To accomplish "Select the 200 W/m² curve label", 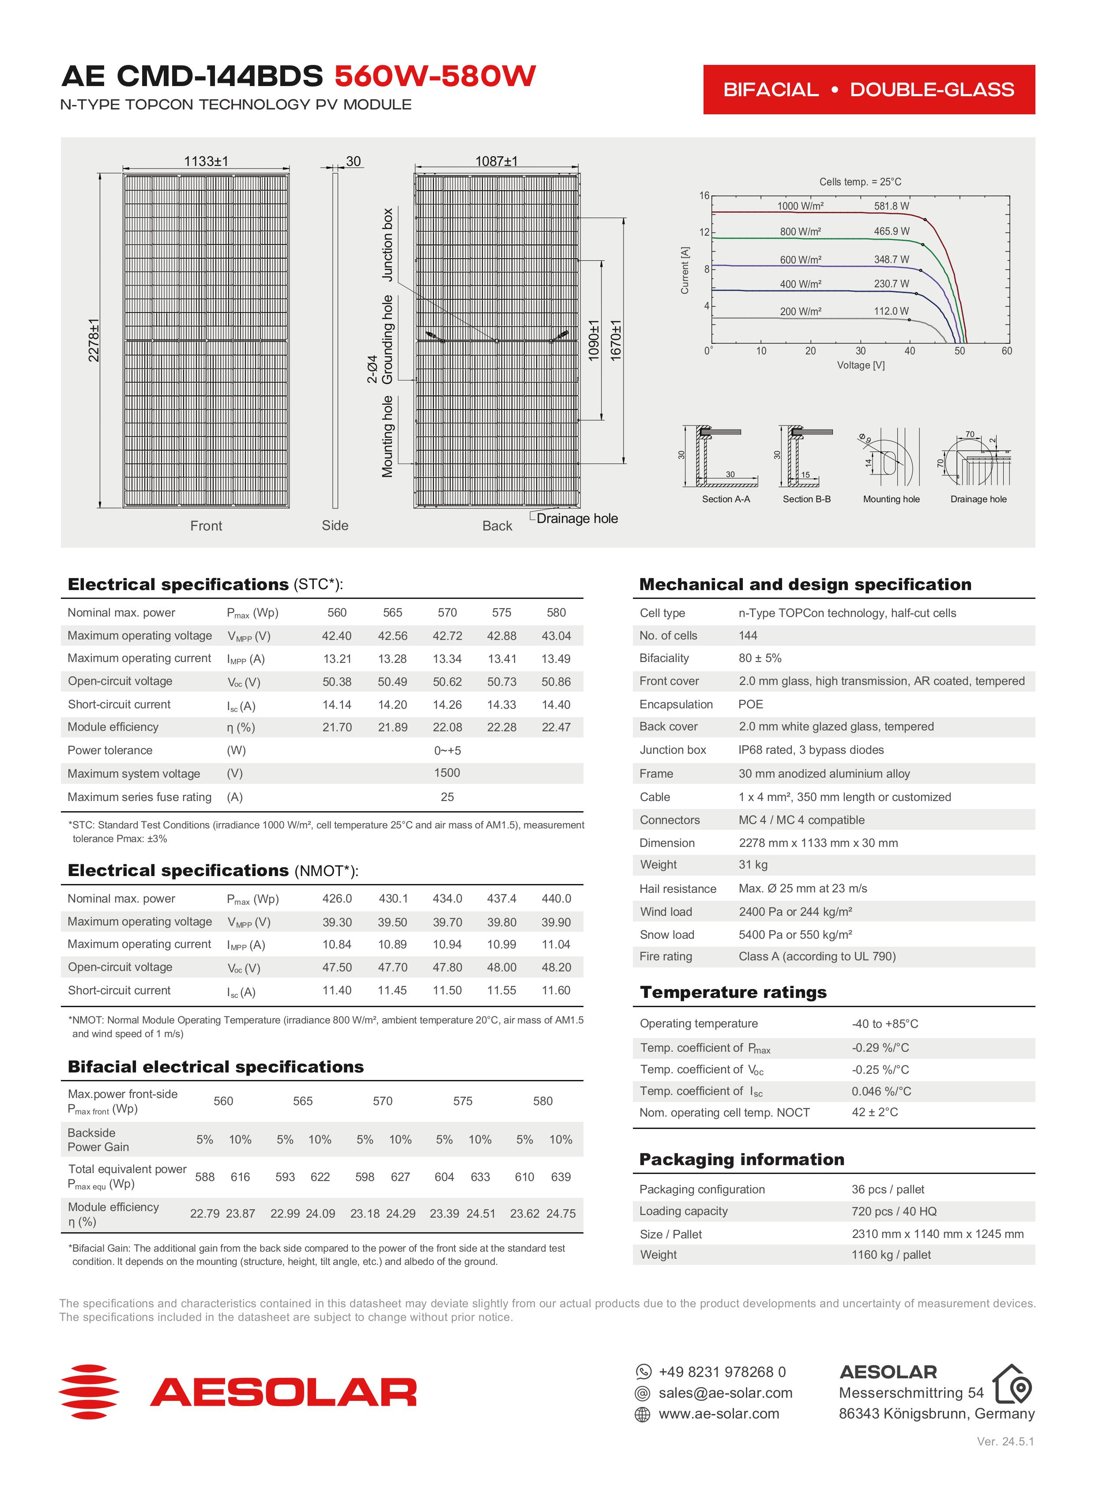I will point(800,312).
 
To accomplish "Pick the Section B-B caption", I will point(806,499).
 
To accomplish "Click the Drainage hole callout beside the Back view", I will point(577,518).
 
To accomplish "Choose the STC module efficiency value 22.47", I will point(556,727).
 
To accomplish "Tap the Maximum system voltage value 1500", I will point(447,773).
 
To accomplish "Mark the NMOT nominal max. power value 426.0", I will point(337,899).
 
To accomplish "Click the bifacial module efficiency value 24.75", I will point(561,1214).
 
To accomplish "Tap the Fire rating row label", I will point(666,956).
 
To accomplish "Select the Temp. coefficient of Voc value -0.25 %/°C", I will point(880,1070).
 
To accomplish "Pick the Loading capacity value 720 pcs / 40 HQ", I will point(893,1211).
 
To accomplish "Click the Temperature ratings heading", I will point(733,992).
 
